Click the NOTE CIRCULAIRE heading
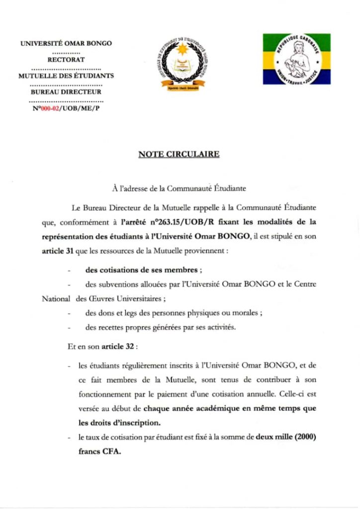(179, 154)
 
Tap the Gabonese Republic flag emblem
(296, 59)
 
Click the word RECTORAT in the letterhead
(66, 60)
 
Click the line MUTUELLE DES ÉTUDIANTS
(66, 76)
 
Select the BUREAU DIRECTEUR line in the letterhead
(66, 92)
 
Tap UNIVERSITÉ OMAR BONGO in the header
(66, 43)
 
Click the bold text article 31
(58, 252)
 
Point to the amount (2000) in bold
(305, 437)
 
